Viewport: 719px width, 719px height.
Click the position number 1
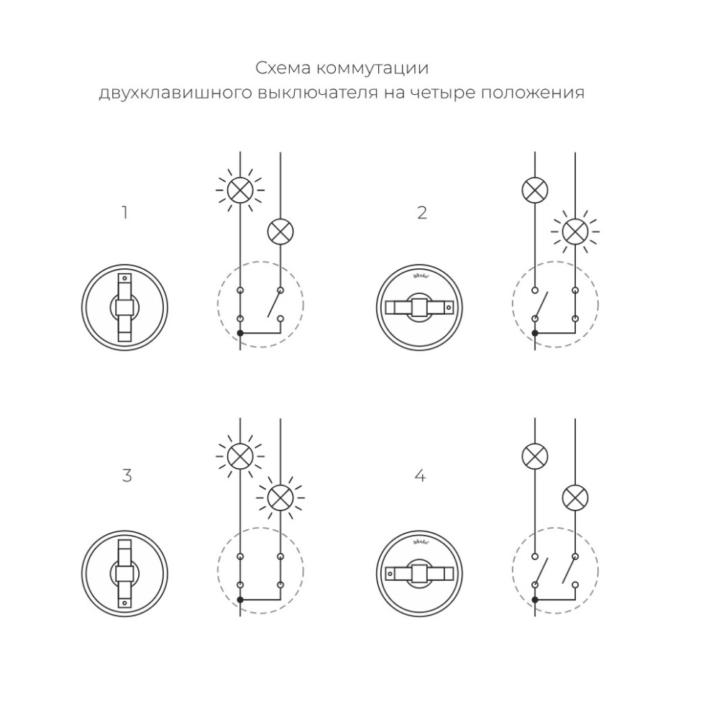[125, 213]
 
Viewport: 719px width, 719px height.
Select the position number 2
[422, 213]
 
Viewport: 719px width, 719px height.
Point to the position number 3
[127, 476]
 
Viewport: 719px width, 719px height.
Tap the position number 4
[421, 476]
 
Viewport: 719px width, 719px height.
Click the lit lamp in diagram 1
[239, 190]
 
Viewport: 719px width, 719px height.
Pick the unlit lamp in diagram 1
[280, 232]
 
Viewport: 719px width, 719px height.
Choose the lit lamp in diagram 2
[574, 231]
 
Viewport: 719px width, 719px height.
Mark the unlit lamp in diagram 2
[534, 190]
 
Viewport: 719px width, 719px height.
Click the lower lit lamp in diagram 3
[280, 497]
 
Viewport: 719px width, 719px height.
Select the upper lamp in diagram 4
[534, 455]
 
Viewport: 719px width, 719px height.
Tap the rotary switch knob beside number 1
[125, 308]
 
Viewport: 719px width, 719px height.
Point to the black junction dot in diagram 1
[240, 333]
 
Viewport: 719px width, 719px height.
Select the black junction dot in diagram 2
[534, 333]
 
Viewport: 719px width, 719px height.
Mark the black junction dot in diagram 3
[240, 599]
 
